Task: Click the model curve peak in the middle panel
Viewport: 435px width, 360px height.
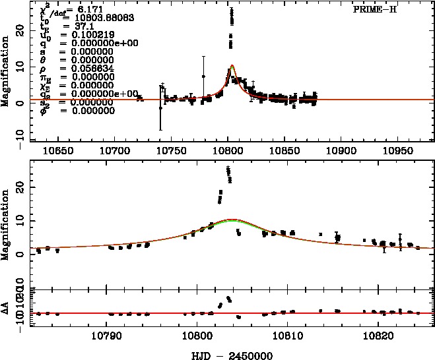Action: pyautogui.click(x=231, y=220)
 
